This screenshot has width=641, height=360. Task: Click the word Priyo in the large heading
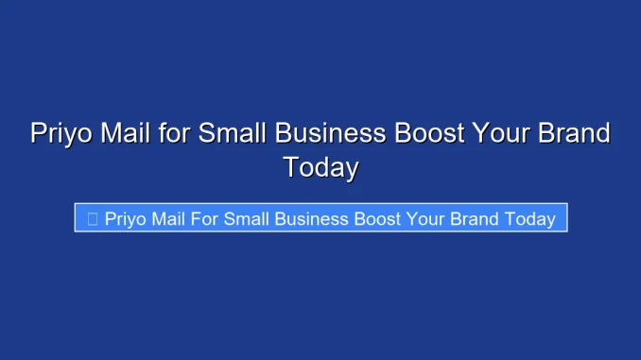tap(61, 133)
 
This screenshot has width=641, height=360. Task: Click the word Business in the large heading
tap(327, 133)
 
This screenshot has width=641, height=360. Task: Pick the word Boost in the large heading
tap(429, 133)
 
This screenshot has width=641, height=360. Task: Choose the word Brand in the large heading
tap(574, 133)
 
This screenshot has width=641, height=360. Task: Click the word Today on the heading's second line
tap(320, 167)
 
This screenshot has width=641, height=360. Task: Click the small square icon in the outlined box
tap(92, 218)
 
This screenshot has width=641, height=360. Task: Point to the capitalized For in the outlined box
tap(206, 218)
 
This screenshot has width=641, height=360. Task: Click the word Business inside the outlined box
tap(311, 218)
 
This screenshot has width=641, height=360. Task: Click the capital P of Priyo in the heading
tap(39, 133)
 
